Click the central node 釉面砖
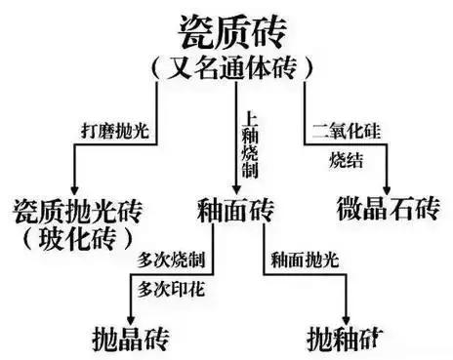click(x=234, y=211)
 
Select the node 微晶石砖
click(x=388, y=211)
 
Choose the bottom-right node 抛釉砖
click(x=346, y=339)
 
